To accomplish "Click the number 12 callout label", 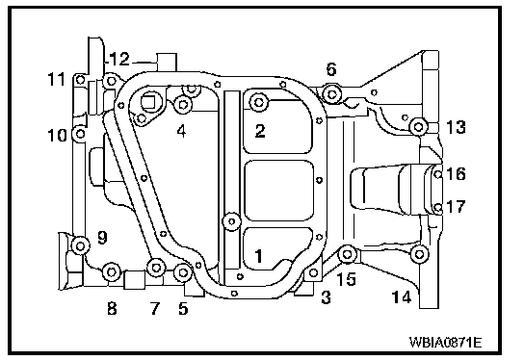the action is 119,60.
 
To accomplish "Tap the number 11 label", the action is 56,80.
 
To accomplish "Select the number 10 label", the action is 57,136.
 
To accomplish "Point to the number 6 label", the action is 331,69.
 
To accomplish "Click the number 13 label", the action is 456,127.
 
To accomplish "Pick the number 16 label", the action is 456,174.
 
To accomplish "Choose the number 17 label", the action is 456,207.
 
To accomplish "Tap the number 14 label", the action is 402,296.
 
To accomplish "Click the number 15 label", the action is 347,279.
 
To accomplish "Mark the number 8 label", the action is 112,308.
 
